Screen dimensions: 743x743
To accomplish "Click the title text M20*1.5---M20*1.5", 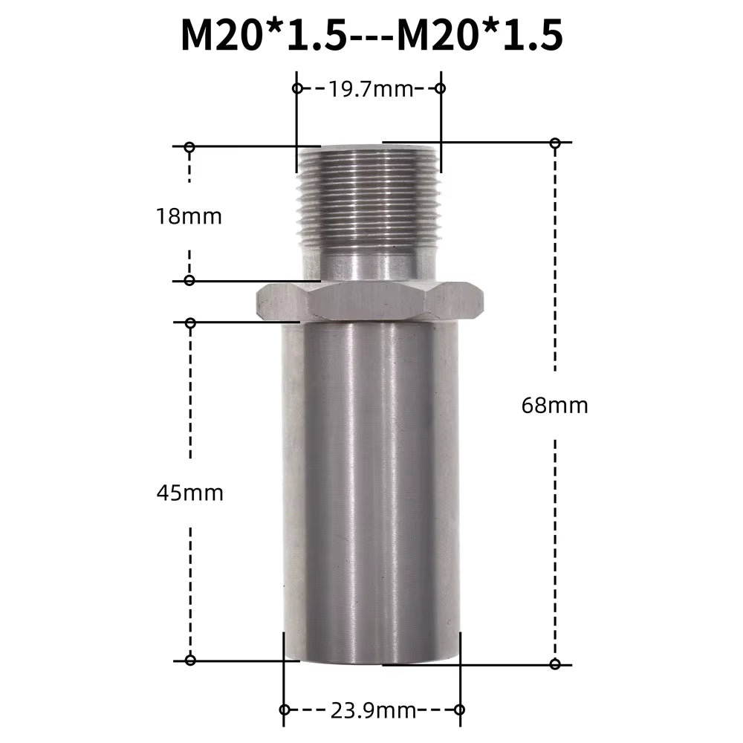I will pos(371,35).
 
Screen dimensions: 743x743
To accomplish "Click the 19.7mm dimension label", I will pos(369,90).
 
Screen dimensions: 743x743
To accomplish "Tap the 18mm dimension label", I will pos(189,217).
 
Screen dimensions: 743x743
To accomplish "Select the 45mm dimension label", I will pos(190,493).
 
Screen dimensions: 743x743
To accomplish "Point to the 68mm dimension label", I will pos(555,406).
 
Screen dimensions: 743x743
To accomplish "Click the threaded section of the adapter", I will pos(368,197).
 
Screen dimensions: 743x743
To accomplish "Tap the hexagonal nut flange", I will pos(369,301).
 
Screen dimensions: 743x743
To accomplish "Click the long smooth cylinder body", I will pos(370,490).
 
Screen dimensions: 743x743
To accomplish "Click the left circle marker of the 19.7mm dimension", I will pos(297,88).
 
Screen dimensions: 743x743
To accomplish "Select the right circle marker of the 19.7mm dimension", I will pos(440,88).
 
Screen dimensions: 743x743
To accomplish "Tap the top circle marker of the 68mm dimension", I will pos(555,142).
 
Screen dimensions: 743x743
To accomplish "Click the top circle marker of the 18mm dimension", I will pos(189,147).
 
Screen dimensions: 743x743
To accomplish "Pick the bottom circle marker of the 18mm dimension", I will pos(189,280).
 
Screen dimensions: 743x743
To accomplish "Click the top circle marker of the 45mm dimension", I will pos(190,322).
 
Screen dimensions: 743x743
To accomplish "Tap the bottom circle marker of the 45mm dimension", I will pos(190,660).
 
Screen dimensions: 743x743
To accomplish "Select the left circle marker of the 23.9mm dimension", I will pos(284,710).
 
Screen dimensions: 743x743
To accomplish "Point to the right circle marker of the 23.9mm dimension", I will pos(459,710).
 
